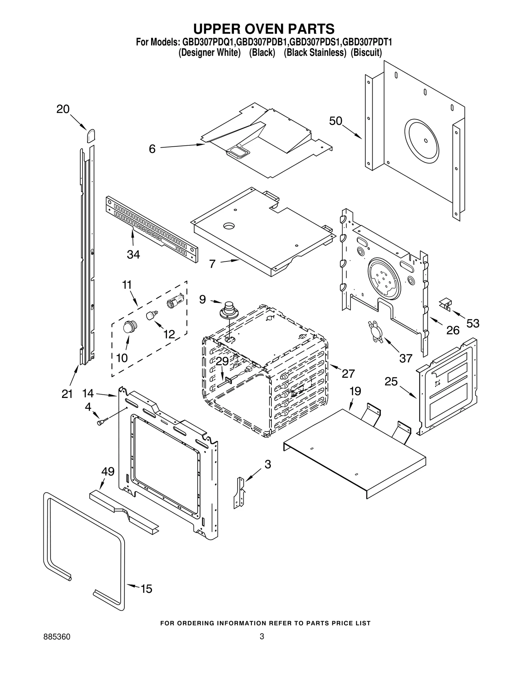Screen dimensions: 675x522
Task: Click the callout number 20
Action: (x=63, y=109)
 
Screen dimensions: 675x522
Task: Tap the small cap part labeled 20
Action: (x=91, y=135)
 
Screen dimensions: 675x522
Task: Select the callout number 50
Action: (x=335, y=121)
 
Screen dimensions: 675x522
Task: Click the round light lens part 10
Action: (x=130, y=326)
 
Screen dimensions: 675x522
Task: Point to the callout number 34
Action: (x=133, y=254)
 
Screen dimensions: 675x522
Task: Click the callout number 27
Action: (x=348, y=374)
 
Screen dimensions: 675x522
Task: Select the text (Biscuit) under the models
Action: (x=366, y=52)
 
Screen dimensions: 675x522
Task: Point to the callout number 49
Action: (x=108, y=471)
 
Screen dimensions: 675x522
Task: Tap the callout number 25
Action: (x=391, y=381)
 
